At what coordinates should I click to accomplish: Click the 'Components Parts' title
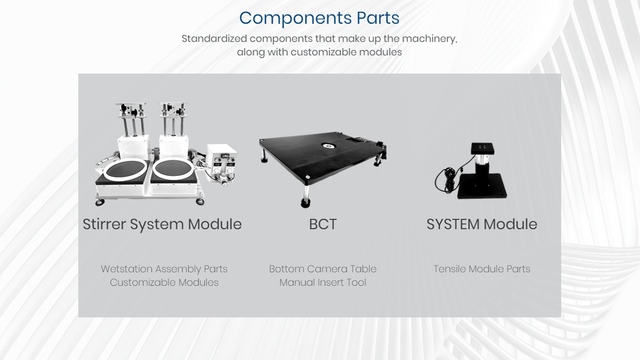pos(319,18)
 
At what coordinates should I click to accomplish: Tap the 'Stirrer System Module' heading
pos(162,224)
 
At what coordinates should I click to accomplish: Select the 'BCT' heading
pos(323,224)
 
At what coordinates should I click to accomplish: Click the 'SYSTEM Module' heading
pos(482,224)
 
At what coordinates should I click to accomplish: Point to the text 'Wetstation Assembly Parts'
pos(164,269)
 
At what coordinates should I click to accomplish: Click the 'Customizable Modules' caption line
pos(164,283)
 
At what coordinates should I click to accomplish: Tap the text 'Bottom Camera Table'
pos(323,269)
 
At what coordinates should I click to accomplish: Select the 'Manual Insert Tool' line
pos(323,283)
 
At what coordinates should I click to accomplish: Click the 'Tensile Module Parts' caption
pos(482,269)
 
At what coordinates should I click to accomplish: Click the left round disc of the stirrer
pos(125,169)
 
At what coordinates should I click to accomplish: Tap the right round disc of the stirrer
pos(173,169)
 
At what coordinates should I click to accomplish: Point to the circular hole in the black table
pos(328,146)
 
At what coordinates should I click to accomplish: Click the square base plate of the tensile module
pos(482,187)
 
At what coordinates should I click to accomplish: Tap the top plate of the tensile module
pos(482,149)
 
